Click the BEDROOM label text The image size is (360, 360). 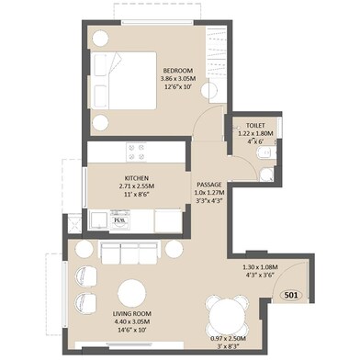tap(177, 71)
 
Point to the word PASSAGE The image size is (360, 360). tap(209, 185)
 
